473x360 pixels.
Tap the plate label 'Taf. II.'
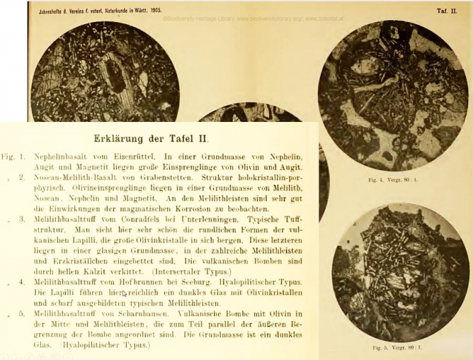[x=447, y=11]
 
